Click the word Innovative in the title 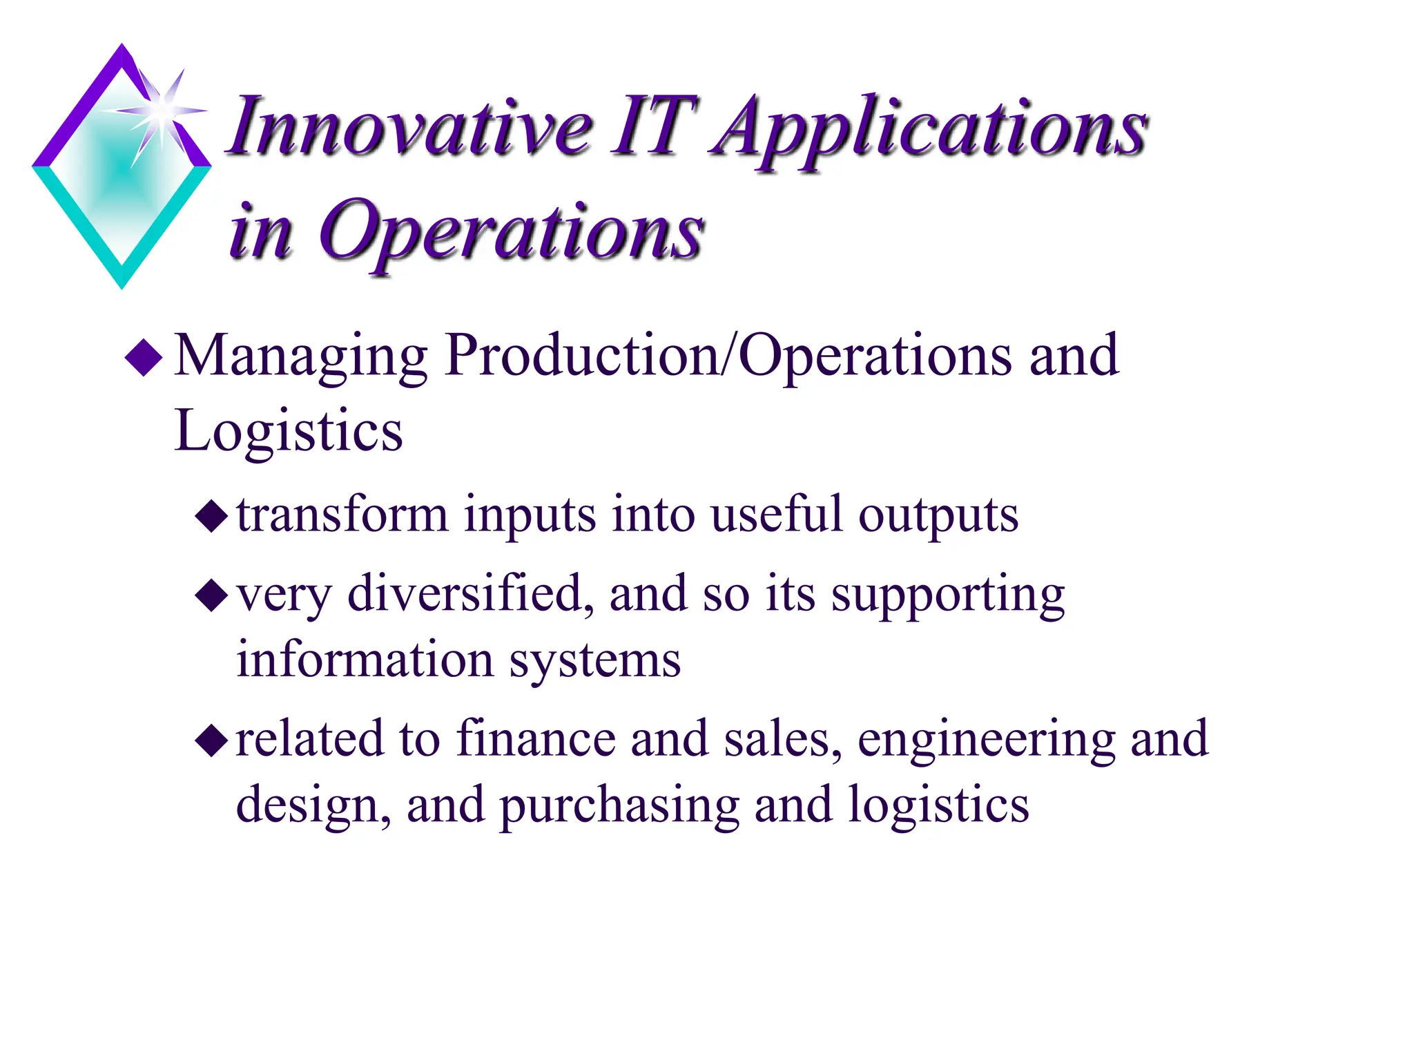[411, 128]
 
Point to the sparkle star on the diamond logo [162, 111]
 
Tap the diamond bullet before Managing [144, 357]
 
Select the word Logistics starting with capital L [289, 432]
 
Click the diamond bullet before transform [211, 516]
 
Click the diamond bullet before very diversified [211, 595]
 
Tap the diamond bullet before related [211, 741]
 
